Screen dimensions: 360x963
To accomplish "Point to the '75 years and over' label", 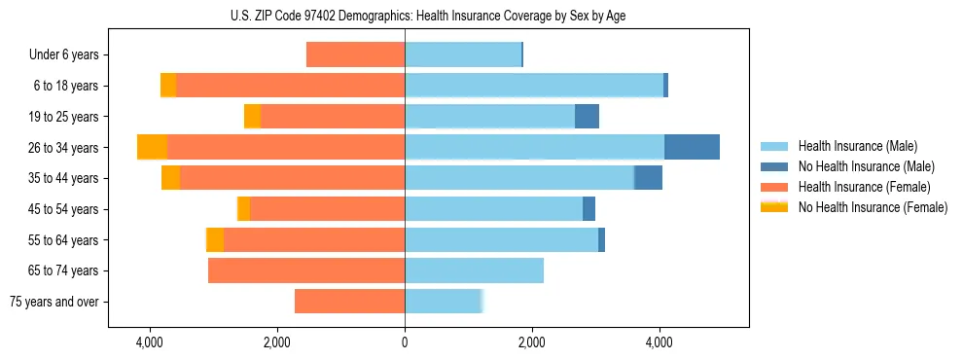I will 54,302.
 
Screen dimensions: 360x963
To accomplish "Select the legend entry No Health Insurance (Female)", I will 873,207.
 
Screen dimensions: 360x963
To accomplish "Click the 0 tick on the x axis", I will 405,343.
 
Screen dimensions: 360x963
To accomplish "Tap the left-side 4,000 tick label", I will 150,343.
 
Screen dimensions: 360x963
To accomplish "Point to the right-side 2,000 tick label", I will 532,343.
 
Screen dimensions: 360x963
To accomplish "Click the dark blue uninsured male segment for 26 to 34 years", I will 692,147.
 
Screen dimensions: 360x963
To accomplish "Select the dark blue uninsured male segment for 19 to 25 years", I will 587,117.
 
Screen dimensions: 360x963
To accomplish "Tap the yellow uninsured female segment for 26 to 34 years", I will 153,147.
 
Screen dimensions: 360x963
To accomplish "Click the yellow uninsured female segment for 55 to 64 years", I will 215,239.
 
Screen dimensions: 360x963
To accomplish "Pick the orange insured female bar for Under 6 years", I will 355,55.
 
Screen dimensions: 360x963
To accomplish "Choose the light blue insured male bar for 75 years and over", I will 443,302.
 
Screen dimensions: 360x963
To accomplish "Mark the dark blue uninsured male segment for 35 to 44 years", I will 648,178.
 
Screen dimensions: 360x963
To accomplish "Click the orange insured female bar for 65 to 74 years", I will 306,270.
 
